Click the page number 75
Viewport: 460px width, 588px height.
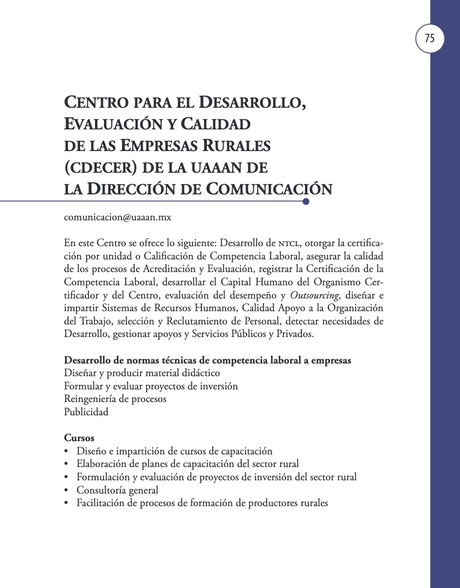pyautogui.click(x=429, y=39)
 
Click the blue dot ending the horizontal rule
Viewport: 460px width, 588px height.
pyautogui.click(x=306, y=202)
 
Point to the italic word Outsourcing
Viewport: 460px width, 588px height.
pyautogui.click(x=313, y=295)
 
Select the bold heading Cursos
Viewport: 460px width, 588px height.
pyautogui.click(x=79, y=438)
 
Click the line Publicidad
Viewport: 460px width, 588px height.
pyautogui.click(x=87, y=412)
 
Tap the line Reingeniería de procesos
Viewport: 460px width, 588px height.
pyautogui.click(x=115, y=399)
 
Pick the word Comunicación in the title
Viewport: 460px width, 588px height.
pyautogui.click(x=269, y=188)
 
